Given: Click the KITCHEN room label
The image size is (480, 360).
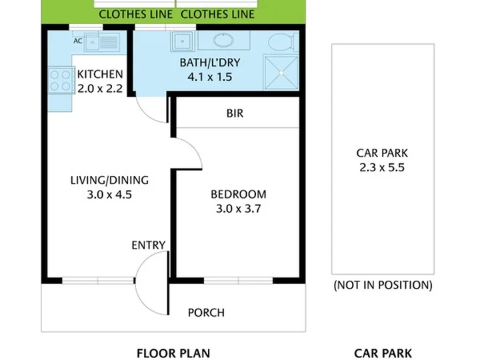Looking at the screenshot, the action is [100, 75].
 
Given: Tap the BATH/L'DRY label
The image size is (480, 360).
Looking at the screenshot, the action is [210, 63].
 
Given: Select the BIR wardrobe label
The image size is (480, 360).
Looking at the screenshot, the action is [235, 113].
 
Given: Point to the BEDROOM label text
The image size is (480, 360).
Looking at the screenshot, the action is [239, 195].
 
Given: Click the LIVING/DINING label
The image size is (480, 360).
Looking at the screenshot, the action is [109, 180].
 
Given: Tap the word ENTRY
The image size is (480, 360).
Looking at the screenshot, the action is [149, 245].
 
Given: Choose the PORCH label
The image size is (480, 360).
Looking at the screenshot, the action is [206, 313].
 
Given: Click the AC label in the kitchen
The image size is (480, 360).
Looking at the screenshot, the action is [78, 41].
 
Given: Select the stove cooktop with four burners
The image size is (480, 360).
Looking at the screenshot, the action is [61, 80].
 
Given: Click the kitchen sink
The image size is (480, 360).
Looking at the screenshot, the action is [102, 42].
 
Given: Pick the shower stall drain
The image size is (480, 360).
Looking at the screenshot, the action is [281, 73].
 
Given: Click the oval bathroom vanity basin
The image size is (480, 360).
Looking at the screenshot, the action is [223, 40].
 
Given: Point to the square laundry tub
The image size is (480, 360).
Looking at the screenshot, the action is [183, 41].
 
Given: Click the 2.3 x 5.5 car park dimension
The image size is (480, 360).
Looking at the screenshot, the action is [382, 168].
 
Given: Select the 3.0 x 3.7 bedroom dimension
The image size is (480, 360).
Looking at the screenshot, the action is [239, 209].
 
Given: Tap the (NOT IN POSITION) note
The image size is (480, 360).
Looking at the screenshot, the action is [383, 285].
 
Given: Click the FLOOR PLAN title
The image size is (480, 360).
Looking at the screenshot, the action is [173, 353].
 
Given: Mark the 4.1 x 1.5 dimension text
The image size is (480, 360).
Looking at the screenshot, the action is [210, 77].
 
